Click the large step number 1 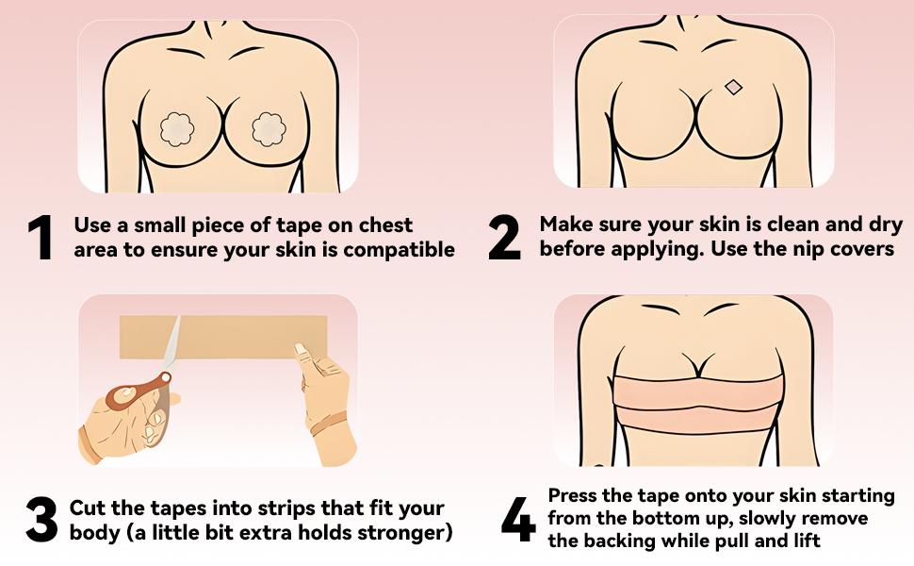[x=41, y=239]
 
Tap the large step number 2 [x=504, y=239]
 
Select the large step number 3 [x=41, y=520]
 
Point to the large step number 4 [x=517, y=520]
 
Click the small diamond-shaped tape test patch [x=733, y=88]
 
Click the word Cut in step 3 [x=90, y=508]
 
